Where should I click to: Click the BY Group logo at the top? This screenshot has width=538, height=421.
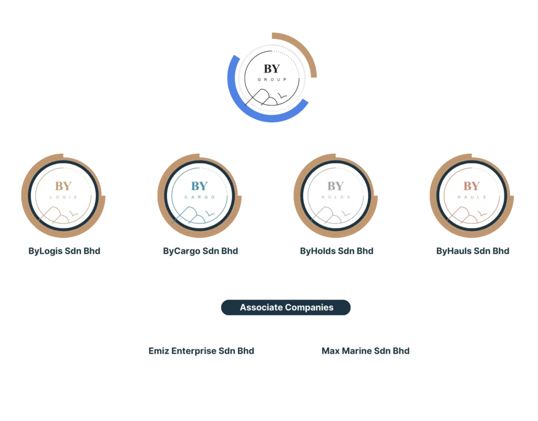(x=271, y=79)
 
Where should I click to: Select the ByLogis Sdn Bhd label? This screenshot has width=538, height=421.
(x=64, y=251)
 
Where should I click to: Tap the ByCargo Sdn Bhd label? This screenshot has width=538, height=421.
(x=200, y=251)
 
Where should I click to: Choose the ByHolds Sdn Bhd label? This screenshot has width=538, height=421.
(x=336, y=251)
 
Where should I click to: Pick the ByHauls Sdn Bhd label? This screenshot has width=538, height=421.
(x=472, y=251)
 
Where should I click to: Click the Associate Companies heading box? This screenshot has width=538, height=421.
(x=286, y=307)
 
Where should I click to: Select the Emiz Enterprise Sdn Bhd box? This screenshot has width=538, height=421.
(x=201, y=351)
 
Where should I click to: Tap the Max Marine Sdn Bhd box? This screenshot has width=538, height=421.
(x=365, y=351)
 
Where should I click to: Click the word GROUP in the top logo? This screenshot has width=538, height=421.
(x=272, y=80)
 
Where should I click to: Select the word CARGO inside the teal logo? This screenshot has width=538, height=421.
(x=200, y=197)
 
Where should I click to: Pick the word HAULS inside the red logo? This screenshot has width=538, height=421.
(x=471, y=197)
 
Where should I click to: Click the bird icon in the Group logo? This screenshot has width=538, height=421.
(x=283, y=97)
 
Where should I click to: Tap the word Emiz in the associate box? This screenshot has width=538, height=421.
(x=159, y=351)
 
